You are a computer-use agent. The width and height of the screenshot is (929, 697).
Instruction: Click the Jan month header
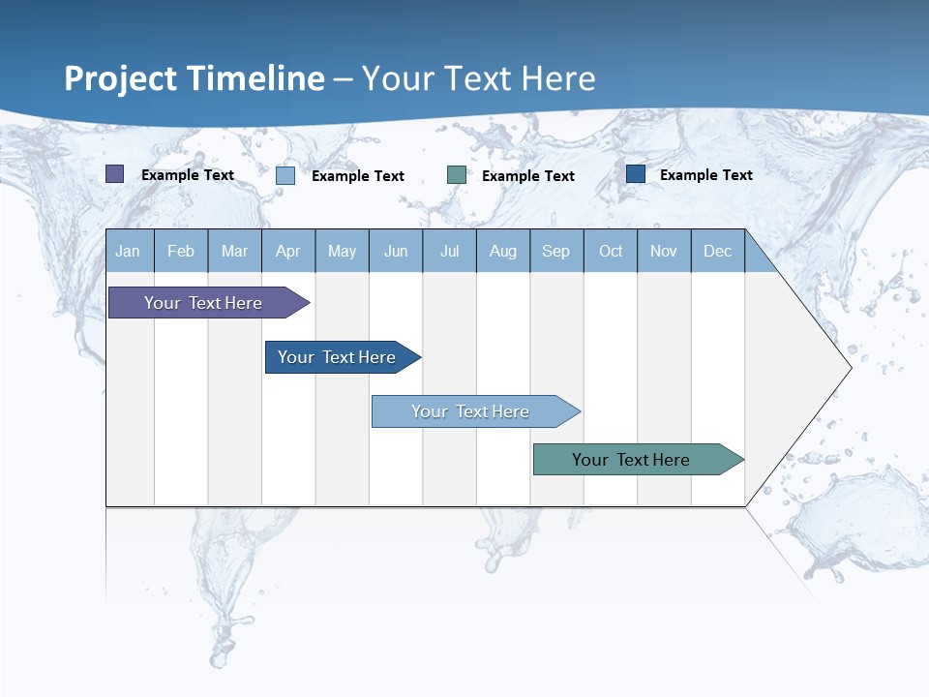click(x=129, y=251)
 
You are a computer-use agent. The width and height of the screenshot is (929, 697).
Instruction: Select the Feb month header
click(x=181, y=251)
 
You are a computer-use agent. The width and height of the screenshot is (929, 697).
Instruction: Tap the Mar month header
click(x=234, y=251)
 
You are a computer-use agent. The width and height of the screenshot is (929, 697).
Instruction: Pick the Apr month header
click(x=288, y=251)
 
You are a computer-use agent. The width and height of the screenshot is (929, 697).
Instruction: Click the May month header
click(x=342, y=251)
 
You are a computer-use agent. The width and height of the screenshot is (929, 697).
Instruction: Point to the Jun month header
click(x=396, y=251)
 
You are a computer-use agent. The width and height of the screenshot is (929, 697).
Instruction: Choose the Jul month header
click(x=449, y=251)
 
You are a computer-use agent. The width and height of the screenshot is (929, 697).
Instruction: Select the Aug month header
click(x=503, y=251)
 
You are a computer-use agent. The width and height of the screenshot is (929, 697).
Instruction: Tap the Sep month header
click(x=556, y=251)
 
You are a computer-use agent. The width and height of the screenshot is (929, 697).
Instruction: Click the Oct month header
click(x=611, y=251)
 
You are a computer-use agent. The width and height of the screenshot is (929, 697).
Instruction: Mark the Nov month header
click(x=664, y=251)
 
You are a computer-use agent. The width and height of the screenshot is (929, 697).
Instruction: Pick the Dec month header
click(x=718, y=251)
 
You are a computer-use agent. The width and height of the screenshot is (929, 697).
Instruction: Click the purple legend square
click(x=115, y=174)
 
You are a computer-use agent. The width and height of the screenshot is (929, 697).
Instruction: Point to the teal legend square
click(x=457, y=175)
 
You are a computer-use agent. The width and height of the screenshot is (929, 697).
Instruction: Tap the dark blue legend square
click(x=636, y=174)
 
